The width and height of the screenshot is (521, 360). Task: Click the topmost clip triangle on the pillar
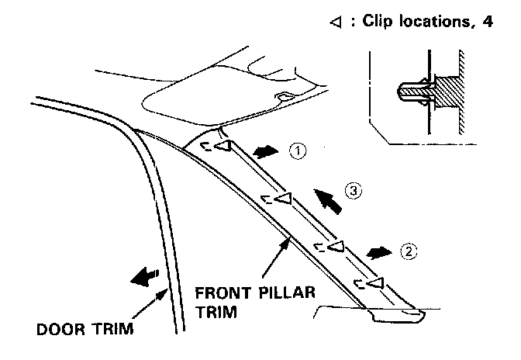(222, 146)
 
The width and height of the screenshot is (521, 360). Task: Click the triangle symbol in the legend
(335, 22)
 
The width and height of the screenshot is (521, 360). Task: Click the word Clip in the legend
(376, 21)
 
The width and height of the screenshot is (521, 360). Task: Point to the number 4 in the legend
(487, 21)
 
